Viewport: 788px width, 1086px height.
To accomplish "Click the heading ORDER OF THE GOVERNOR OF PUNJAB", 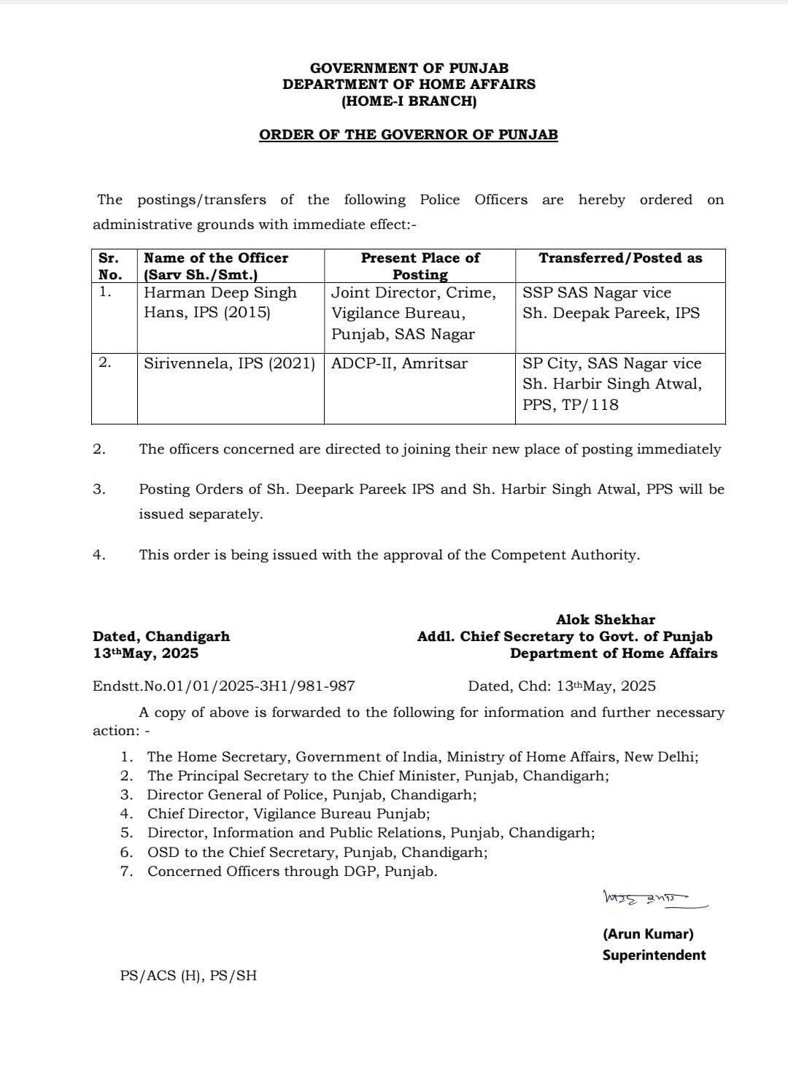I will [x=408, y=135].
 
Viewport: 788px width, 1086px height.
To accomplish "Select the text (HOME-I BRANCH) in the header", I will [x=409, y=101].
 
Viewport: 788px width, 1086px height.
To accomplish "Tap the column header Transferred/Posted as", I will [x=620, y=258].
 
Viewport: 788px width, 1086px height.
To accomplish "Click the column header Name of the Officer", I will [x=216, y=258].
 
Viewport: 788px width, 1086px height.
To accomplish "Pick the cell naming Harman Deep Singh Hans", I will [x=220, y=303].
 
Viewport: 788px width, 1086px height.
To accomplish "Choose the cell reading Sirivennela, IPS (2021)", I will [x=229, y=363].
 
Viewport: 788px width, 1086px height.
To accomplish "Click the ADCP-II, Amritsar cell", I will [x=399, y=363].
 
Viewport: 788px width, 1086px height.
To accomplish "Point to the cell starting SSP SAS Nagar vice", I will [x=611, y=303].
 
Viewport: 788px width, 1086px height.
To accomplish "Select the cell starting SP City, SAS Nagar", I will [x=611, y=384].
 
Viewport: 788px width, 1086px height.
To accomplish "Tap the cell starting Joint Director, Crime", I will [x=413, y=313].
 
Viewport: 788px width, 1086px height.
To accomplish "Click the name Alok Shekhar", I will [x=606, y=619].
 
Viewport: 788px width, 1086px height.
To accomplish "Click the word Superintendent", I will [x=654, y=955].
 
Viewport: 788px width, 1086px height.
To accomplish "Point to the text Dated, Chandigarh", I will [x=161, y=636].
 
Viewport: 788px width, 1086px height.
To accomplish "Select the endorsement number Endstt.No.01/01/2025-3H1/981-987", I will [x=224, y=686].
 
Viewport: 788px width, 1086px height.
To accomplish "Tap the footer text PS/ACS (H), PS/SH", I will [x=188, y=975].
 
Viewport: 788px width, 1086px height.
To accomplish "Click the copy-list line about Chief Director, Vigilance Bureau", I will [x=288, y=813].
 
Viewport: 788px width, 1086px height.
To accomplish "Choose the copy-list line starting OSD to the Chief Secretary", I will [x=317, y=852].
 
